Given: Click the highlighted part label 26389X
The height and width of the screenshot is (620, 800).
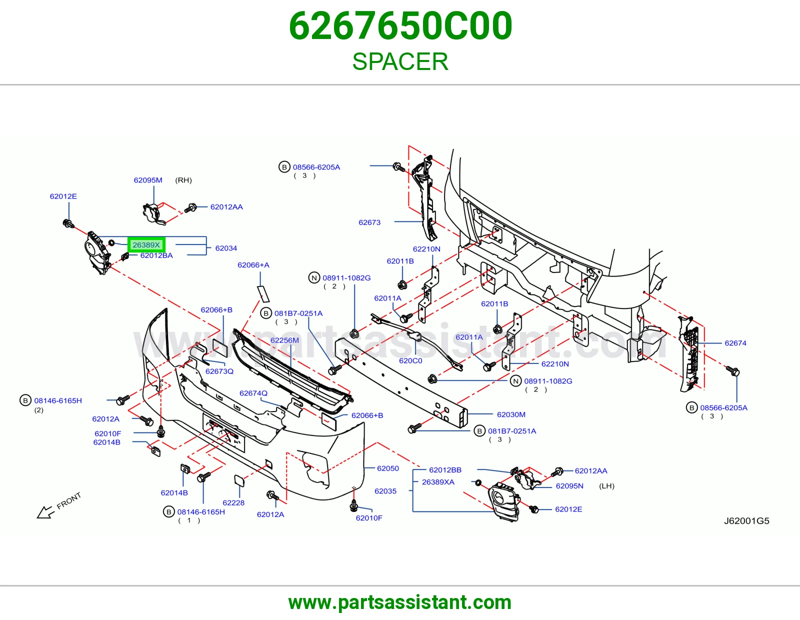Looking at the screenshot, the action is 146,245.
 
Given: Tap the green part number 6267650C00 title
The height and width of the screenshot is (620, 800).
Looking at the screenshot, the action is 400,25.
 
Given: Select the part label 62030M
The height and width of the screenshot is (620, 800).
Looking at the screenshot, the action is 511,414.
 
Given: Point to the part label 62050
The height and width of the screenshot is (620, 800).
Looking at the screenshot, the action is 387,468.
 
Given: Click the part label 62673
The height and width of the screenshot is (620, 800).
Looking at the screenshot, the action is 369,222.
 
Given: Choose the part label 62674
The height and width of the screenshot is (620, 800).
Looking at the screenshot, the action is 735,343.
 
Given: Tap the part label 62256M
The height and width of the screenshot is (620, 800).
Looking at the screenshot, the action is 284,340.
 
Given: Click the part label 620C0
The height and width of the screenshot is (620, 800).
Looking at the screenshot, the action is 410,361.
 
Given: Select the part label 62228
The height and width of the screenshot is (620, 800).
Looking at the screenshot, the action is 233,502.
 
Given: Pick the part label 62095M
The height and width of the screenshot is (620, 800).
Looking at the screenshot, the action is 148,180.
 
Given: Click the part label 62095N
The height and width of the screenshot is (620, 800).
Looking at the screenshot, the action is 569,486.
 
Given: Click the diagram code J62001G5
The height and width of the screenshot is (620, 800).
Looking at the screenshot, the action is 746,521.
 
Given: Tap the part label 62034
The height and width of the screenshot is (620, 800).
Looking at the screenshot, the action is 226,248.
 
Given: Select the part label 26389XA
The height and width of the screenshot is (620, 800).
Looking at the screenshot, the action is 438,482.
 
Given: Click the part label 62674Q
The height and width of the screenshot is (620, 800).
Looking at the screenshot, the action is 253,393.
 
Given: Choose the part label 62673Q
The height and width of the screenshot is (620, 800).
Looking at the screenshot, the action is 219,371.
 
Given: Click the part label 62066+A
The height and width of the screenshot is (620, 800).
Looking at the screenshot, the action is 253,264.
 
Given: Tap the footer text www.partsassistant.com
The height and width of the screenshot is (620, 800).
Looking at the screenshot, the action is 400,602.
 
